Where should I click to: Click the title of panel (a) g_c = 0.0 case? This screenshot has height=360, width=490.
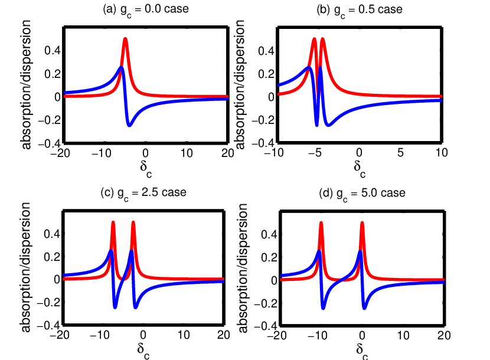coord(146,9)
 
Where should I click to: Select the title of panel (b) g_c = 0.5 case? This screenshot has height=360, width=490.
coord(360,10)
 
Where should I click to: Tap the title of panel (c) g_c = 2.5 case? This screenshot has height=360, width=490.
coord(143,193)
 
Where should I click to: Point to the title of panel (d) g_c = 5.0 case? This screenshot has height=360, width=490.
coord(362,194)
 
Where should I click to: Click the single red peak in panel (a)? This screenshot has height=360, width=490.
coord(125,39)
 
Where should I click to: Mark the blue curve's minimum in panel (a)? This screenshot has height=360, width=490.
coord(129,125)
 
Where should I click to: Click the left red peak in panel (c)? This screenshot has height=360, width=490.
coord(113,223)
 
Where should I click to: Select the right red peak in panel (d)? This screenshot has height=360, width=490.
coord(362,223)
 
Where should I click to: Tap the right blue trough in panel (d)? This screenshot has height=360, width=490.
coord(364,308)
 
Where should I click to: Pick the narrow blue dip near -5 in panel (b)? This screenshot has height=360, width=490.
coord(317,125)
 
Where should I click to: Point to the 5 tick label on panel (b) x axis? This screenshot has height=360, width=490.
coord(400,153)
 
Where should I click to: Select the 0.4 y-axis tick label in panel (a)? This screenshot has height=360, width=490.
coord(53,50)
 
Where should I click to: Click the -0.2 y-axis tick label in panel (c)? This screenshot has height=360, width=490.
coord(48,303)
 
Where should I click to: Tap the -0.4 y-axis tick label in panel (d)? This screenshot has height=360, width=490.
coord(266,326)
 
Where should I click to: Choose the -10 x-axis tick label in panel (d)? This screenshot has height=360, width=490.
coord(317,336)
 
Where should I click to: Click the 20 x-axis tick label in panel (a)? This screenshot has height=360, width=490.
coord(228,153)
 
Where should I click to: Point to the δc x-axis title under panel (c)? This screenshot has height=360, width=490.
coord(143,350)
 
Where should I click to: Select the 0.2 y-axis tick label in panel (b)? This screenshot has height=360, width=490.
coord(266,74)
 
